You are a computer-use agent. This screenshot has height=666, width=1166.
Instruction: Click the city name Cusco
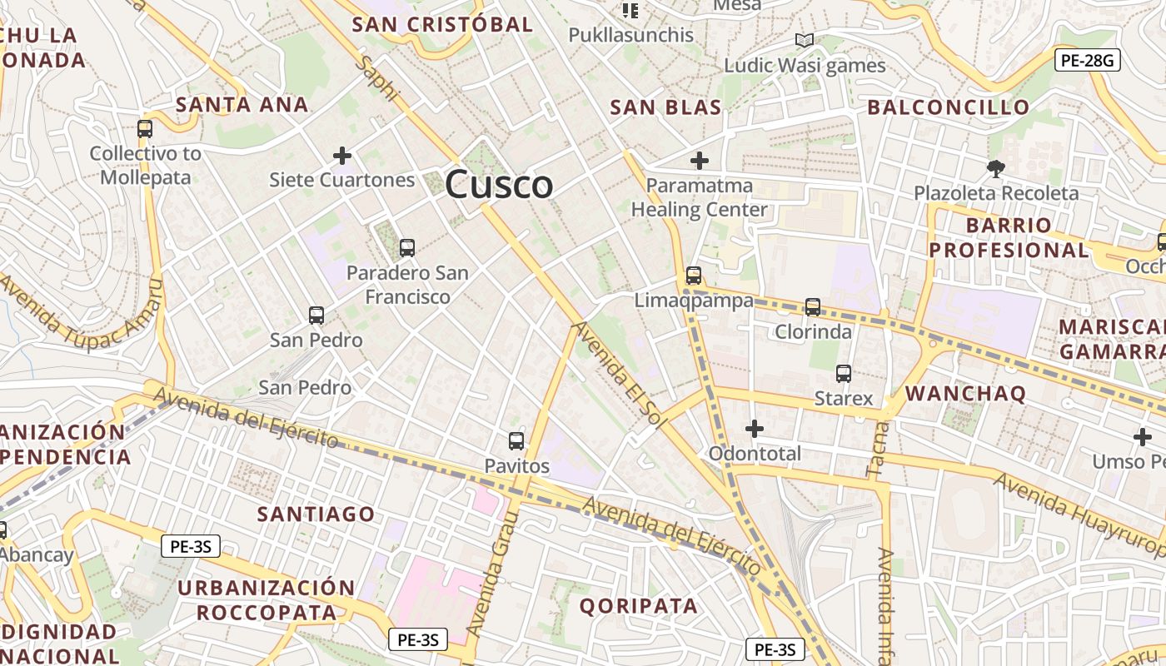[x=499, y=185]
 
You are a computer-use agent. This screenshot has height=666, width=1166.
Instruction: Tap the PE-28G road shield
[x=1087, y=60]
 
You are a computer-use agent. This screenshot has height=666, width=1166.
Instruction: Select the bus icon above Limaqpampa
[x=694, y=276]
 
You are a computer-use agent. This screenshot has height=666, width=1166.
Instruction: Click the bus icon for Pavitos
[x=516, y=441]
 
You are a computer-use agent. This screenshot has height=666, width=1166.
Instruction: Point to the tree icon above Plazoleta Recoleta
[x=995, y=169]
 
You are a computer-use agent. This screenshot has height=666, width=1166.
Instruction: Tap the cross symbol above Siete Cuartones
[x=341, y=156]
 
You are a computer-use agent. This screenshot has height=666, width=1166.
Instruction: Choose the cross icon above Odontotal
[x=755, y=429]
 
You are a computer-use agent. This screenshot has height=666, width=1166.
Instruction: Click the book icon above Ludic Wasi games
[x=804, y=41]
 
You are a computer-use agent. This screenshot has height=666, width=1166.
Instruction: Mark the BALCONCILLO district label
[x=949, y=107]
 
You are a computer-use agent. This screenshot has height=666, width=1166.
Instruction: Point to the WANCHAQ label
[x=965, y=393]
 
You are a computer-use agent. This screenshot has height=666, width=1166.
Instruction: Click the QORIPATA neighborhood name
[x=639, y=606]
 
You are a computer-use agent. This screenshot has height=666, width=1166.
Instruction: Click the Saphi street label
[x=380, y=79]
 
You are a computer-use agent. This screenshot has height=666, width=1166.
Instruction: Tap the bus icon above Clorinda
[x=813, y=307]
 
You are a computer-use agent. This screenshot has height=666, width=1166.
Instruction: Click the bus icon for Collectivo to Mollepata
[x=145, y=129]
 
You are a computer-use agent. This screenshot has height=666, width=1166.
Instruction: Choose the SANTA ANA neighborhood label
[x=242, y=105]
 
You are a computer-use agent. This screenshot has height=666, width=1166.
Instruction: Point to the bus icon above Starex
[x=844, y=374]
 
